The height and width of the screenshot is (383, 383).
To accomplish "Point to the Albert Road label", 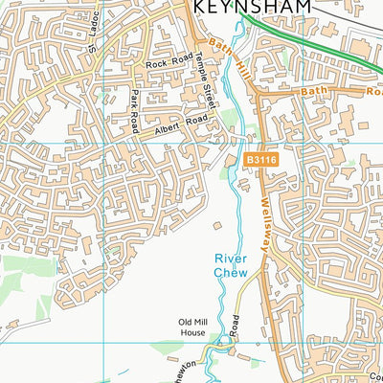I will (x=183, y=124).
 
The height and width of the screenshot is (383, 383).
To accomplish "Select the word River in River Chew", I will (x=230, y=259).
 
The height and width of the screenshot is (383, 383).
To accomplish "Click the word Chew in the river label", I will (x=230, y=272).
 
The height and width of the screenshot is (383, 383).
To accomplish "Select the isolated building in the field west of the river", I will (x=217, y=226).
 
